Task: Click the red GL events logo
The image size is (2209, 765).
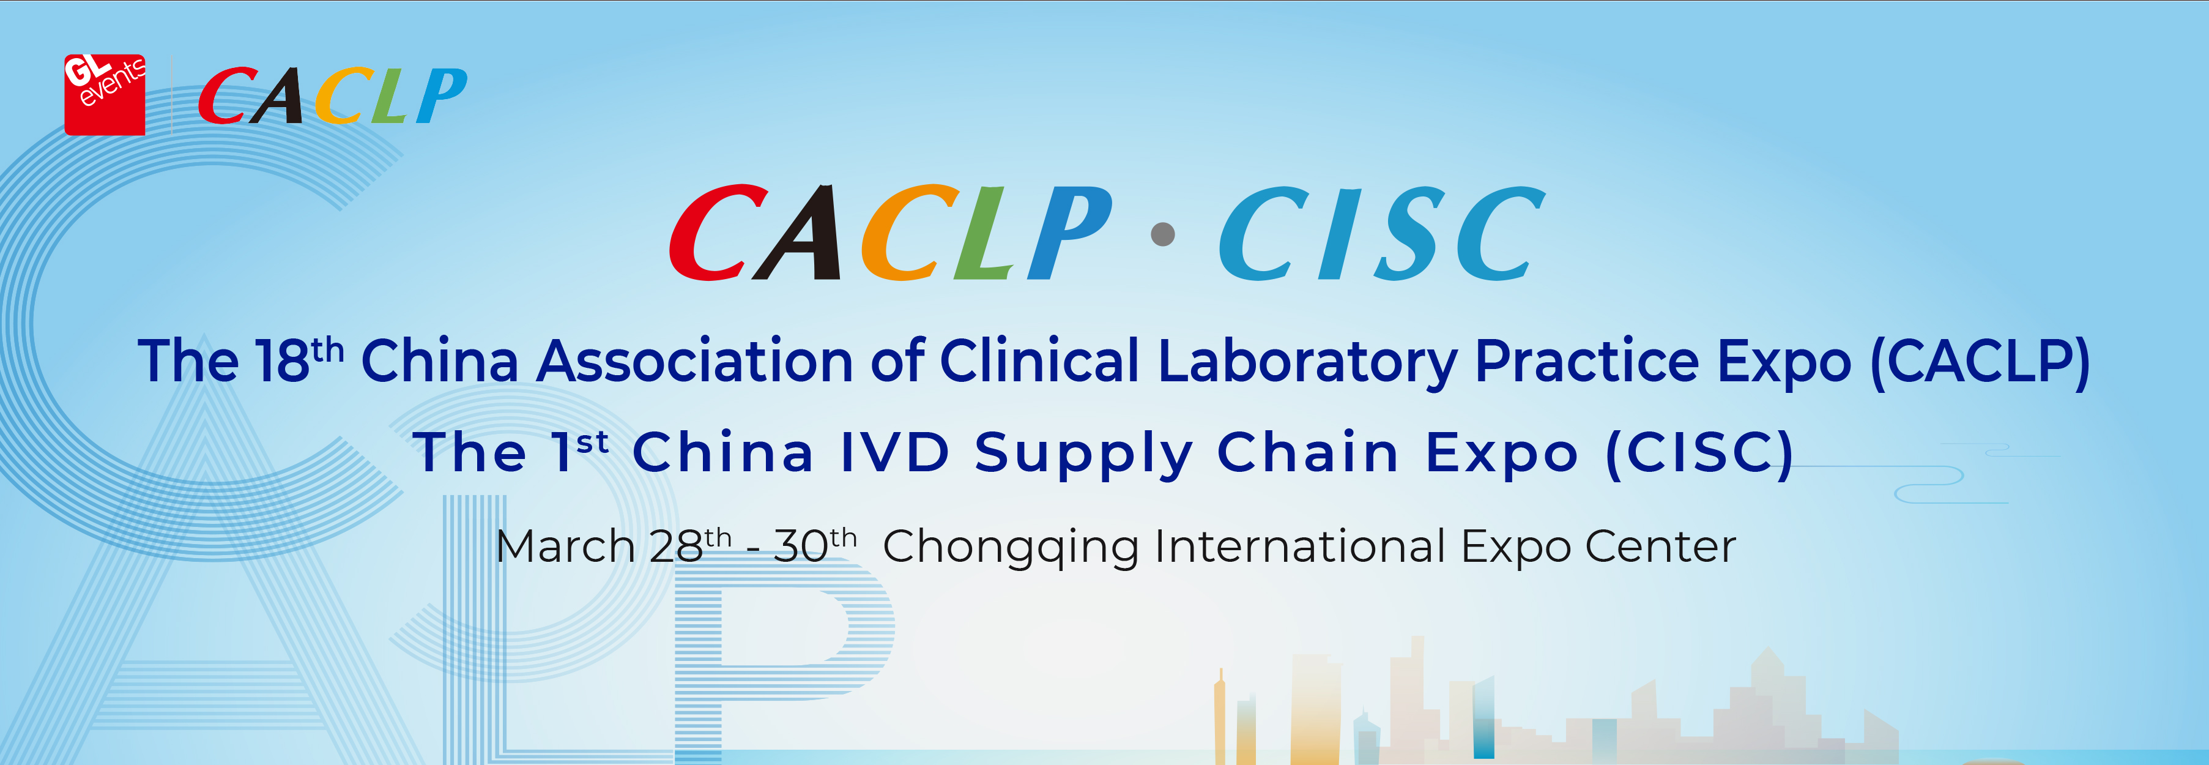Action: point(105,94)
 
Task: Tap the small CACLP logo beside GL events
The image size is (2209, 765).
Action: point(333,95)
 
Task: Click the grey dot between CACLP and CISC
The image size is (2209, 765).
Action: point(1163,233)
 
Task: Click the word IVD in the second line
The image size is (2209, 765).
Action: point(894,452)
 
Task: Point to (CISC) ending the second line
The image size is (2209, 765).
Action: point(1699,453)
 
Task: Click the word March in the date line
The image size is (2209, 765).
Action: point(565,547)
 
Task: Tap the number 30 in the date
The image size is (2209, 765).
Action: point(801,547)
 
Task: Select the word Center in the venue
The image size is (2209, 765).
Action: point(1661,547)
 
